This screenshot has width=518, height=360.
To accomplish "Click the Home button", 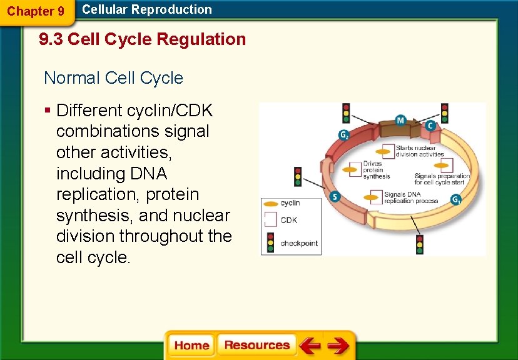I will pos(191,346).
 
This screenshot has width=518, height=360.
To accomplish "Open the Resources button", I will pos(256,346).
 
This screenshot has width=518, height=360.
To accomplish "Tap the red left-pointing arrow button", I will pos(309,346).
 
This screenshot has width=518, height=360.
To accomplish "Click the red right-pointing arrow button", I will pos(338,346).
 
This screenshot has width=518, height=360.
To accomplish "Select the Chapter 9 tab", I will pos(36,11).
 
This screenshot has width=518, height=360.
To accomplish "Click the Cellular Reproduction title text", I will pos(147,9).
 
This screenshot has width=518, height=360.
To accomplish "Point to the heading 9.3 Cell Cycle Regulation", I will pos(143,39).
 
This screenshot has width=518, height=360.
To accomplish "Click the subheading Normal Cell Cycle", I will pos(113,78).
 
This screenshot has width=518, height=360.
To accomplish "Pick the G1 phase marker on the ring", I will pos(457,200).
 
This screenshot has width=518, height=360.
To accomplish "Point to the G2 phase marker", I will pos(343,134).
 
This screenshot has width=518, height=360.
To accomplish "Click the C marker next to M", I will pos(430,126).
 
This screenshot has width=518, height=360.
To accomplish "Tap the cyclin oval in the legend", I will pos(270,203).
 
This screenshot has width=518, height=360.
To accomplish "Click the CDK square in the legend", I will pos(270,220).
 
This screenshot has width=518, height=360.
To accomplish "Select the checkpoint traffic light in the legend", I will pos(270,242).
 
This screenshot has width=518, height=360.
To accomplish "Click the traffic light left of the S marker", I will pos(298,177).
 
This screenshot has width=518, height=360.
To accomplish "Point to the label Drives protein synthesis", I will pos(377,170).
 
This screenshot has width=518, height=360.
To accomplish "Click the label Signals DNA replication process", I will pos(410,197).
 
